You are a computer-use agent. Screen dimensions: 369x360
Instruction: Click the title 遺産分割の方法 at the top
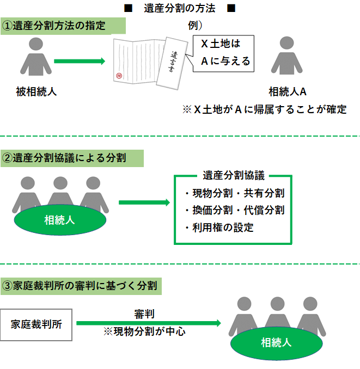[x=180, y=8]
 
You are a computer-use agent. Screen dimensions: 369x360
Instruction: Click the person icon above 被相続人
[x=36, y=57]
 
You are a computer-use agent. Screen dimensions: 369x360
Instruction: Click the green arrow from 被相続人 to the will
[x=79, y=61]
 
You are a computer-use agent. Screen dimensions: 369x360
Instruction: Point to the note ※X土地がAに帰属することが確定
[x=265, y=109]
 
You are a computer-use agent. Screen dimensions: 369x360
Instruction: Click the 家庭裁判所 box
[x=36, y=325]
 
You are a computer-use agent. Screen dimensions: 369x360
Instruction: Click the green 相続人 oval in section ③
[x=276, y=342]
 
